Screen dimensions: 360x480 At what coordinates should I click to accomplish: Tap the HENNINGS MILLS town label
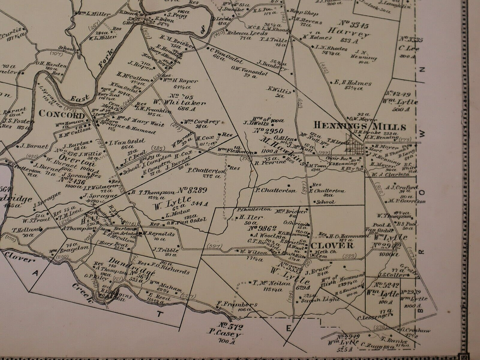359,127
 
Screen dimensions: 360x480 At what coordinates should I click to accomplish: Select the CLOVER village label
331,245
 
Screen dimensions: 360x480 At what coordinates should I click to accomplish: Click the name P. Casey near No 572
226,335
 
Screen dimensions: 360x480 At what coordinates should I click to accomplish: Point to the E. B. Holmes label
354,82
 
